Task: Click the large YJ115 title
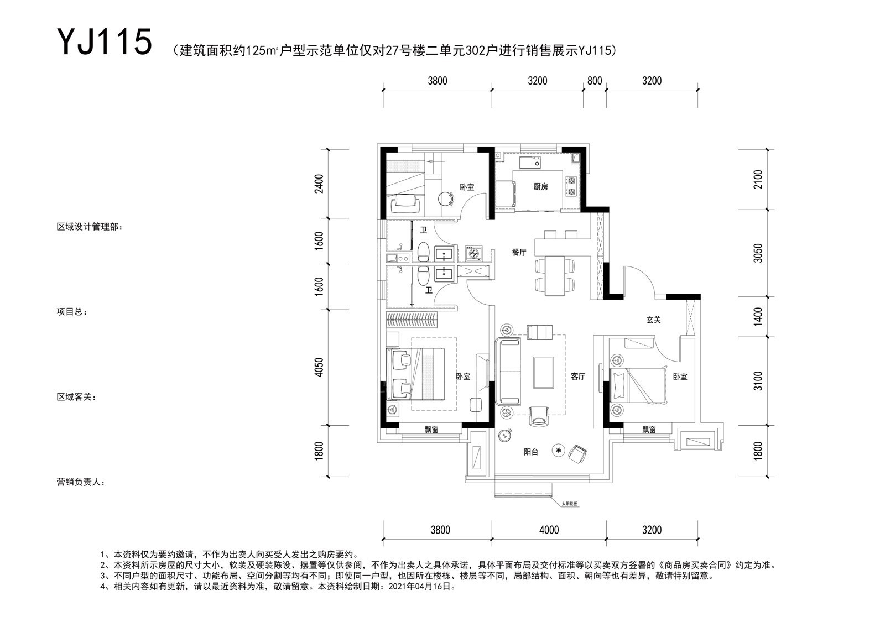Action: (x=105, y=41)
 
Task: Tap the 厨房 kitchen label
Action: (x=540, y=187)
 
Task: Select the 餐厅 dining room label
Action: (x=519, y=253)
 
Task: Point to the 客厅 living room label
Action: (x=578, y=377)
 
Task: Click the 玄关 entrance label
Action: (x=653, y=320)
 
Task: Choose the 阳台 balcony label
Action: (x=531, y=452)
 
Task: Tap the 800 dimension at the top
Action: (x=595, y=81)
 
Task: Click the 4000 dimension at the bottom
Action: (x=549, y=530)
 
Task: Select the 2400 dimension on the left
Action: (x=319, y=184)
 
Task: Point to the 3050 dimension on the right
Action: (x=758, y=253)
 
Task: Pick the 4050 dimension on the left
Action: (x=319, y=368)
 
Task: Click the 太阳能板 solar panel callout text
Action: (x=569, y=504)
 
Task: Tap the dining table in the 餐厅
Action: (x=555, y=276)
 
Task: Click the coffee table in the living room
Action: (x=543, y=372)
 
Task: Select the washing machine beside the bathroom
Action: (x=473, y=253)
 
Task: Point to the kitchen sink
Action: (x=529, y=163)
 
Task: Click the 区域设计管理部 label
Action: (x=90, y=227)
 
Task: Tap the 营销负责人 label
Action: (x=81, y=482)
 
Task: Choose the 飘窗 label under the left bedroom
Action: (x=431, y=430)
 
